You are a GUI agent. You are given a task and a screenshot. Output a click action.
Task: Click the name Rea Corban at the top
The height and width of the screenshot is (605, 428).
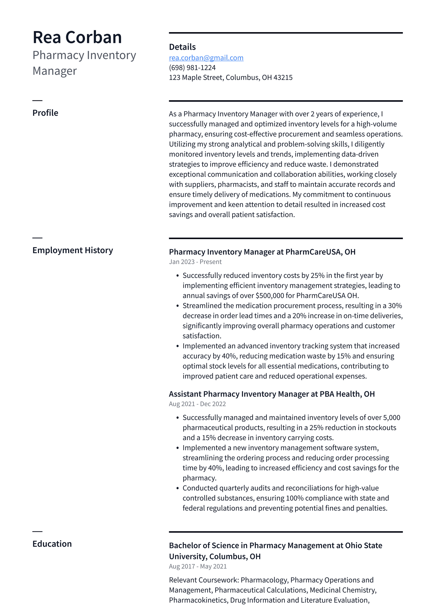77,37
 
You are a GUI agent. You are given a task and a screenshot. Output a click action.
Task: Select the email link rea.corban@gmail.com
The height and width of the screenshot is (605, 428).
206,58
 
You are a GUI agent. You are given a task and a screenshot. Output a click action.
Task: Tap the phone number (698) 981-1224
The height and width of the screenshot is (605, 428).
192,68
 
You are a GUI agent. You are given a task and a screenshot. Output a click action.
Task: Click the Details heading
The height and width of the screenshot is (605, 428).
182,47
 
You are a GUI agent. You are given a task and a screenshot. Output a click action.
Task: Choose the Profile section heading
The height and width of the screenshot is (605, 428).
45,113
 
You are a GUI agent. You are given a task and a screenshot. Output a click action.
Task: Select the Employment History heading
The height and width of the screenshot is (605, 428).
72,250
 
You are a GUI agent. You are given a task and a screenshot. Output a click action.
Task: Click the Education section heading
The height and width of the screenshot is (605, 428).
52,544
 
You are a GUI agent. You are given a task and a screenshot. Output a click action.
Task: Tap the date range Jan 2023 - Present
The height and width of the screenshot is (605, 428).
195,262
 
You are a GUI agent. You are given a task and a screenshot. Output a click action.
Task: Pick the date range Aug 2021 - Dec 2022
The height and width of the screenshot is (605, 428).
197,404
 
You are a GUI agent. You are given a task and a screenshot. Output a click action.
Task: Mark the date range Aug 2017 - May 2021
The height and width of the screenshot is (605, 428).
198,566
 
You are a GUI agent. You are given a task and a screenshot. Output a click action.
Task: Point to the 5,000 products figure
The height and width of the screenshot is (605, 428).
392,418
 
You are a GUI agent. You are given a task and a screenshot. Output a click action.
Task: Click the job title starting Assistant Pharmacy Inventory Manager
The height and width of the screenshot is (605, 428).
272,394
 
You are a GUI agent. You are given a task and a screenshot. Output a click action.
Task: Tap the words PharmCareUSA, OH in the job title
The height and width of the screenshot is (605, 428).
320,252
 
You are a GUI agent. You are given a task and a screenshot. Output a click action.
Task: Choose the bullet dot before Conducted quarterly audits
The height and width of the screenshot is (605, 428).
177,488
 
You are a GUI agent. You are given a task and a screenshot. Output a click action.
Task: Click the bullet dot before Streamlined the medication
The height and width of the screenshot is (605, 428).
177,306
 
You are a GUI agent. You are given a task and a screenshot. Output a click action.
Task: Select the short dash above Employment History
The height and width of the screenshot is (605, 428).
37,238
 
